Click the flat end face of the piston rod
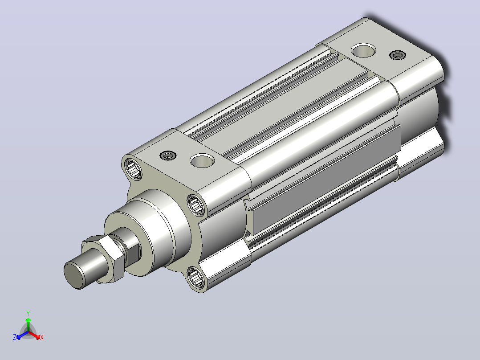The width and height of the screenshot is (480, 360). tap(74, 275)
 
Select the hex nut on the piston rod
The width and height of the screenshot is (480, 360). tap(104, 258)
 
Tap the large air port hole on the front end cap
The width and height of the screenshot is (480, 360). tap(202, 161)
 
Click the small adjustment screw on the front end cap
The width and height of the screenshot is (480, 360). tap(168, 155)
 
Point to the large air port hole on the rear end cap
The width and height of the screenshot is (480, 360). tap(363, 50)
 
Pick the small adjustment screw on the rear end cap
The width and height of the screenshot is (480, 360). tap(397, 55)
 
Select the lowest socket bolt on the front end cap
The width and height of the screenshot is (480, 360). tap(195, 277)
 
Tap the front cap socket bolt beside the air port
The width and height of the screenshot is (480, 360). tap(196, 205)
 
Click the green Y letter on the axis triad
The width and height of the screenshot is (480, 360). tap(28, 313)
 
